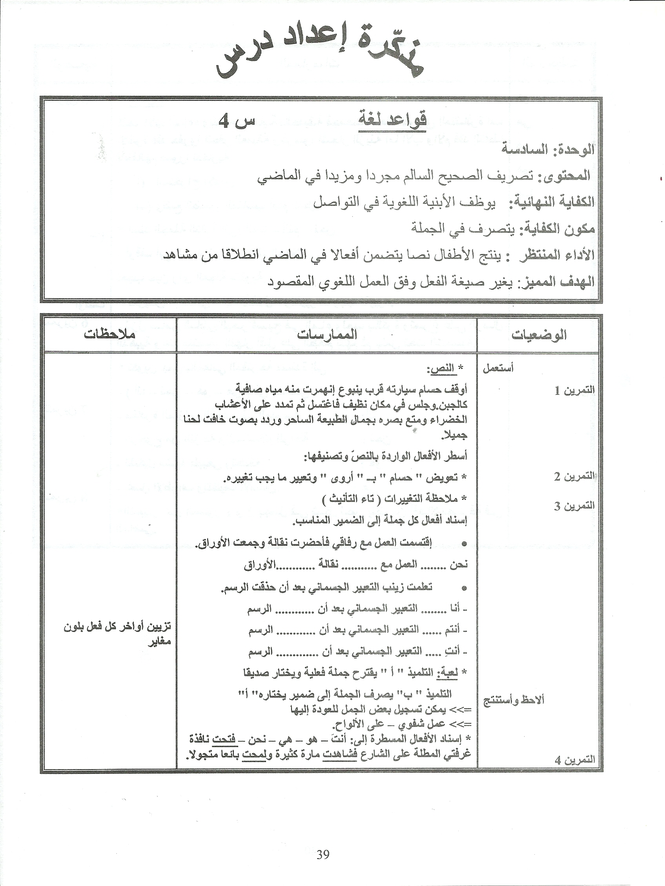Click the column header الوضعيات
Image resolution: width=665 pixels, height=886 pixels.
point(538,335)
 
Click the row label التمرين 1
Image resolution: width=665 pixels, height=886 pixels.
point(574,391)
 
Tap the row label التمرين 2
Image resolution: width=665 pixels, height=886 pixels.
point(574,477)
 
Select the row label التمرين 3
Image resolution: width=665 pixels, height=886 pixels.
point(574,506)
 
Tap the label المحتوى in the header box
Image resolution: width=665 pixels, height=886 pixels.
point(567,176)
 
